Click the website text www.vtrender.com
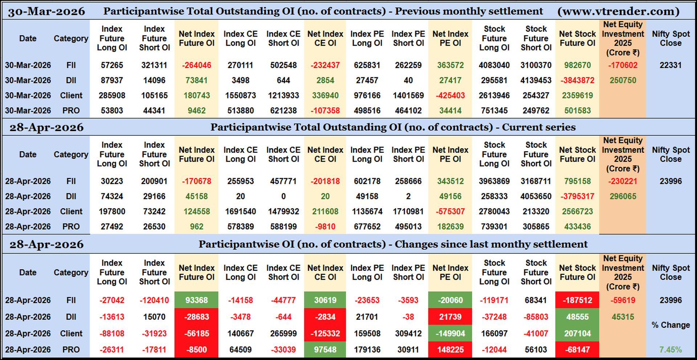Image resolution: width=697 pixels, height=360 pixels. pos(618,11)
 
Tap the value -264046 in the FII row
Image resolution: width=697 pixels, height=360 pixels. pos(196,65)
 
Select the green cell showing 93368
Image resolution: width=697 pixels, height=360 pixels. pos(196,300)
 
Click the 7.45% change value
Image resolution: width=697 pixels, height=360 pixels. pos(670,350)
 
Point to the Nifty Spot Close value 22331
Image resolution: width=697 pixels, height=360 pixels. pos(670,65)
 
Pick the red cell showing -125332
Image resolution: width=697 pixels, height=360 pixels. pos(325,334)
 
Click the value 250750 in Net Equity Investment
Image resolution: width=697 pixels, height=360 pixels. pos(623,80)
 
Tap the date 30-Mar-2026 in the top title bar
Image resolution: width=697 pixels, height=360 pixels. pos(46,11)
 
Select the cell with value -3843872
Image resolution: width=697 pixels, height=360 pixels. pos(577,80)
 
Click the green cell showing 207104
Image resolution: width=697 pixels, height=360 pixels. pos(577,334)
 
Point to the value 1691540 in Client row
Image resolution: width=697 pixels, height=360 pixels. pos(240,211)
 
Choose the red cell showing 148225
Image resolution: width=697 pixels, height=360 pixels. pos(450,350)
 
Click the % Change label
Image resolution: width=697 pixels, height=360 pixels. pos(670,325)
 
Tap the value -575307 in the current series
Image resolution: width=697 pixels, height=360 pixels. pos(450,211)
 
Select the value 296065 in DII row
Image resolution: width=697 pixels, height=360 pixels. pos(623,196)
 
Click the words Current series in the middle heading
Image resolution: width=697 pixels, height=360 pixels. pos(539,127)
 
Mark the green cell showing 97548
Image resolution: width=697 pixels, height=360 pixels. pos(325,350)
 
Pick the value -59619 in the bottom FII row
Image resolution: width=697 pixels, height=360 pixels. pos(623,300)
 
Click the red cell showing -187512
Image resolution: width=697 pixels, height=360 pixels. pos(577,300)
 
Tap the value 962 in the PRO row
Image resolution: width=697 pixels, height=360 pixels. pos(196,226)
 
